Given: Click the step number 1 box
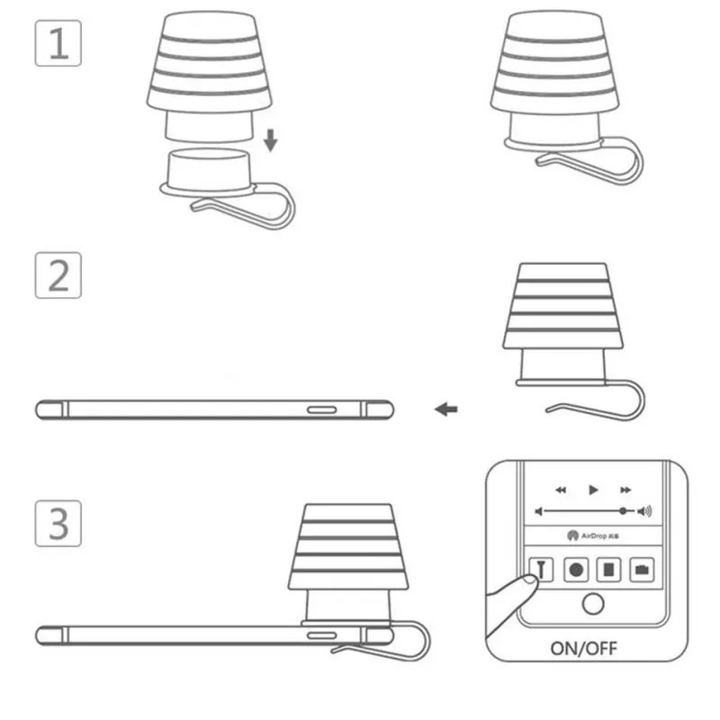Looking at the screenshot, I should (x=58, y=42).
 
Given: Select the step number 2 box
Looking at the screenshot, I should (x=58, y=274).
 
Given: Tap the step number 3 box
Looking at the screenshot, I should (x=58, y=522).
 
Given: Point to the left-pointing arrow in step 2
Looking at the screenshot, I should (x=445, y=409).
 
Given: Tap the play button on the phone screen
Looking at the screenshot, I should (x=592, y=490).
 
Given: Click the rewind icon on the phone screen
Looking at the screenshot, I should (x=561, y=490).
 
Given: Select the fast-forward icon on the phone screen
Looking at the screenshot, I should (x=624, y=490).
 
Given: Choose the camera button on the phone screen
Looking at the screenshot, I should (x=642, y=569).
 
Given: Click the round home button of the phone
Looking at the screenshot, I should (x=591, y=603).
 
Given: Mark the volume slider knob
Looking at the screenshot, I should (x=622, y=511).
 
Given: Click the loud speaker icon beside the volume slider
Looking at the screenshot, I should (x=644, y=511).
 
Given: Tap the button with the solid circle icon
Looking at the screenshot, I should (x=576, y=569).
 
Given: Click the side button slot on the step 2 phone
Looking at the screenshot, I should (x=322, y=409).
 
